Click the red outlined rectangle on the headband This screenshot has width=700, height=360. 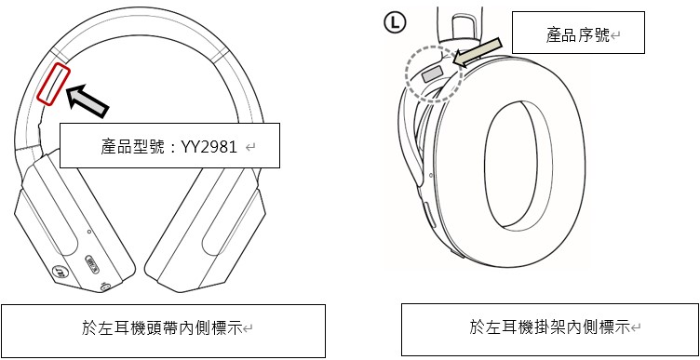(x=53, y=85)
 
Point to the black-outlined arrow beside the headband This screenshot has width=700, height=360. (x=87, y=100)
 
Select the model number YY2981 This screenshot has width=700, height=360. (x=209, y=147)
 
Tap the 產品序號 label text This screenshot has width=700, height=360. (x=577, y=34)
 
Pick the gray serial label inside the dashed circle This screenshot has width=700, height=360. (x=432, y=73)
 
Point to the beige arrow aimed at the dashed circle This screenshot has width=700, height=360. (x=477, y=53)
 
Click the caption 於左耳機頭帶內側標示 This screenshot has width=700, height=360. (x=162, y=328)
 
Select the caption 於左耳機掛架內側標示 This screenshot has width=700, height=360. (x=549, y=327)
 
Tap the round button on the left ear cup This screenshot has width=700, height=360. (x=57, y=272)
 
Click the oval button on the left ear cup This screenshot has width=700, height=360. (x=91, y=265)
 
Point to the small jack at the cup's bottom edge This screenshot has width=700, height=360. (x=105, y=287)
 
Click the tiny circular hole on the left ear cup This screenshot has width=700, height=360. (x=89, y=232)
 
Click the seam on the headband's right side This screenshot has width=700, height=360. (x=220, y=55)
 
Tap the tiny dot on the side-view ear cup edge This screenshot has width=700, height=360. (x=430, y=175)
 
